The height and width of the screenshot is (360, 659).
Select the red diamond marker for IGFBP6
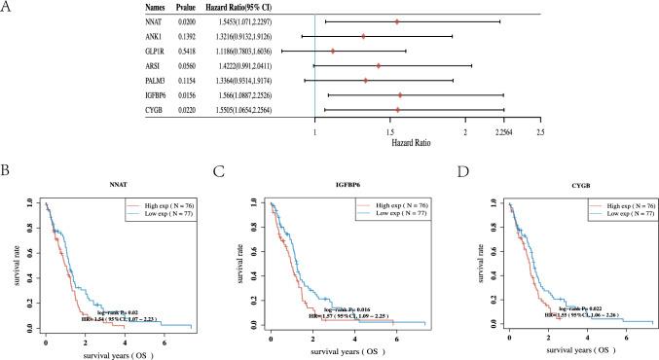point(400,95)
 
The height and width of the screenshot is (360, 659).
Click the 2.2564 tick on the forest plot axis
point(502,130)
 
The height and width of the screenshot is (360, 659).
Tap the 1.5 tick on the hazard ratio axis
point(389,130)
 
